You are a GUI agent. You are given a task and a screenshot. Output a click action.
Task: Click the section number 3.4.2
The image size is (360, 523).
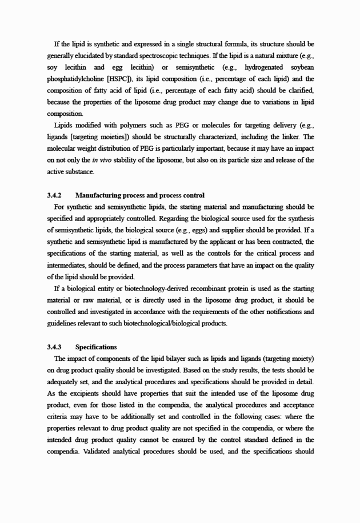(54, 195)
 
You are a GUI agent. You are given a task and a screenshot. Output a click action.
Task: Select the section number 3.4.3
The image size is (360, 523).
(54, 347)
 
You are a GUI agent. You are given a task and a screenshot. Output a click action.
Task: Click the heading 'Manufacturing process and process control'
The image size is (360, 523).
(140, 195)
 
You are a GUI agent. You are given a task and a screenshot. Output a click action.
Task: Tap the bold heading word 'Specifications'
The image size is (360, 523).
(96, 347)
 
